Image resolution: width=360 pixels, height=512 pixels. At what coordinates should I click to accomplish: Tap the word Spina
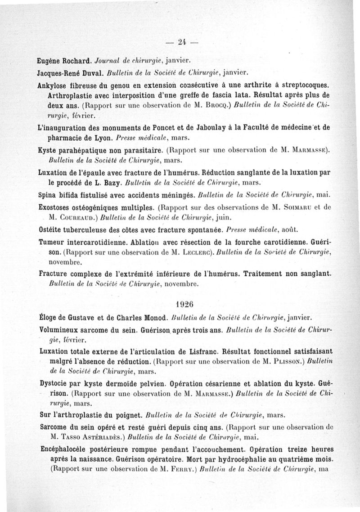[48, 195]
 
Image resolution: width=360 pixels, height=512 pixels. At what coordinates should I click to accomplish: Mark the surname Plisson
[285, 361]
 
